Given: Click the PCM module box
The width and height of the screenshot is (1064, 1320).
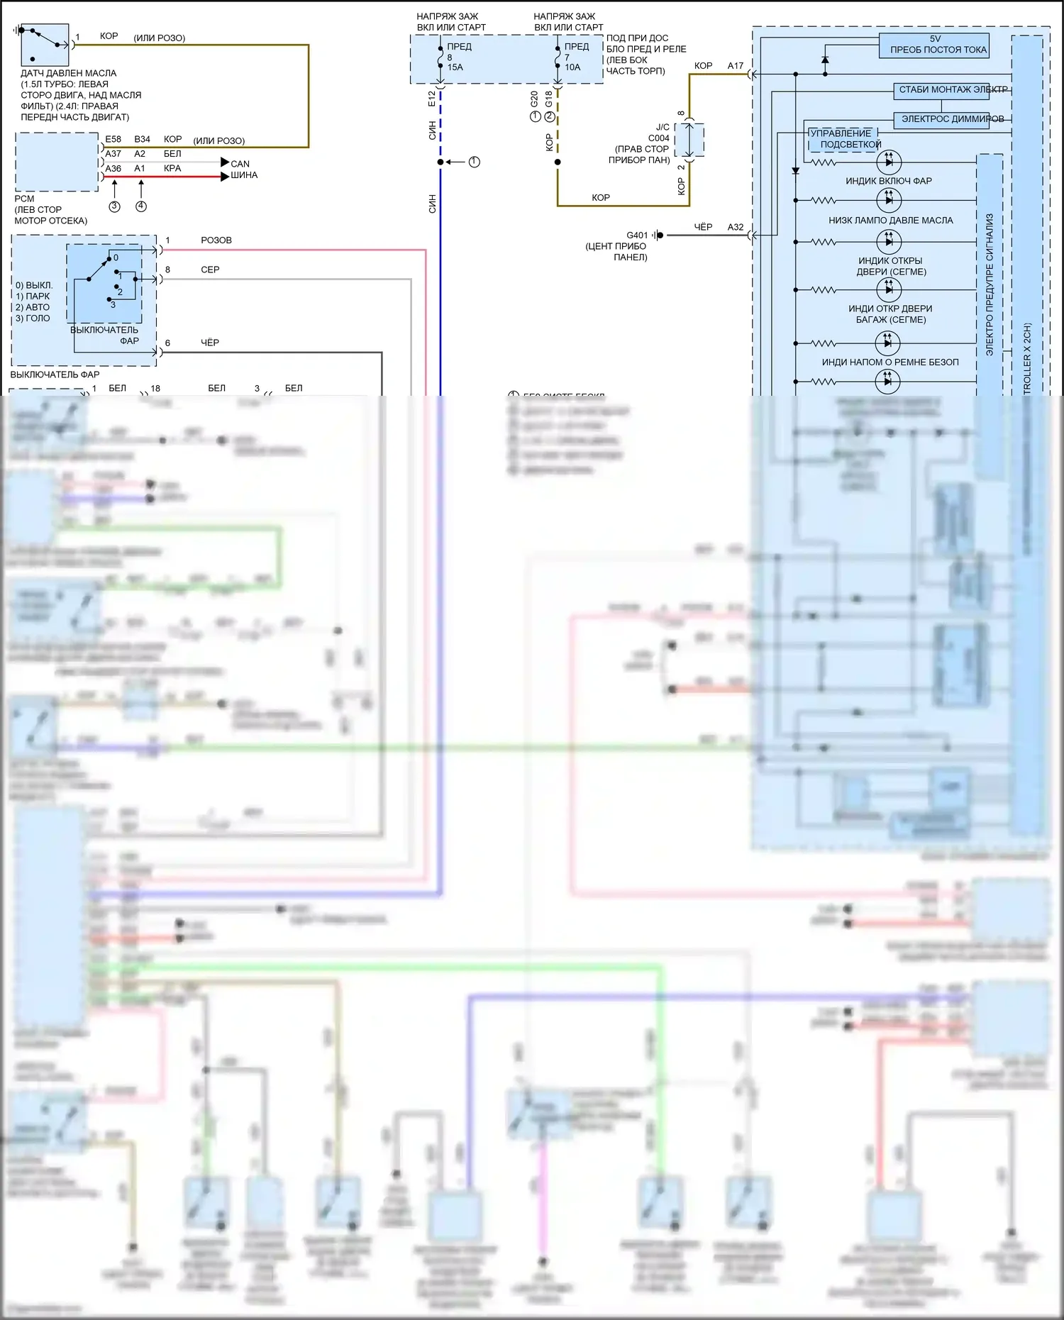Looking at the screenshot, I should [x=57, y=162].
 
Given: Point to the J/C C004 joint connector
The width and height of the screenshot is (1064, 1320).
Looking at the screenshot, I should [x=689, y=140].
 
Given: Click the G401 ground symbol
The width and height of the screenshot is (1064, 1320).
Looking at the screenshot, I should [x=659, y=235].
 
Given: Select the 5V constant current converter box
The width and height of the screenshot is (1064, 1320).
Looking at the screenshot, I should [x=933, y=45].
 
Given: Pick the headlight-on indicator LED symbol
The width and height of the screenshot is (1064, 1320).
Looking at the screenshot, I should [x=888, y=162].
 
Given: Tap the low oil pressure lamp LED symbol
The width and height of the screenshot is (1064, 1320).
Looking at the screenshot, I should [x=888, y=201].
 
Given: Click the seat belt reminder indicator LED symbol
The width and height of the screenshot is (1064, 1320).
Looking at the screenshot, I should [x=888, y=343].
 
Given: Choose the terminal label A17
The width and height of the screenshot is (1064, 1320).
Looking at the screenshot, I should [x=736, y=66].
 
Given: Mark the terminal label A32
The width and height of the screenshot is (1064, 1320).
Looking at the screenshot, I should [x=736, y=227].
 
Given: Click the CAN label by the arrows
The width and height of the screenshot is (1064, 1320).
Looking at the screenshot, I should [x=240, y=164].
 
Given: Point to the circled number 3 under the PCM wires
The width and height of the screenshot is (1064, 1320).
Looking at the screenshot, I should [x=114, y=206].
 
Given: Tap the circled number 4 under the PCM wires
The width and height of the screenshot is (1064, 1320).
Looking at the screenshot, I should [x=141, y=206].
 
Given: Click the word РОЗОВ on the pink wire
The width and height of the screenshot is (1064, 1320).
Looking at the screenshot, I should [x=216, y=240].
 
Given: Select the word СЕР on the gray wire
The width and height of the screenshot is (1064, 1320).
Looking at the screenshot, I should [x=210, y=270].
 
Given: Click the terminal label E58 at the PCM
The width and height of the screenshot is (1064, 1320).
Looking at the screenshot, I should [x=113, y=140].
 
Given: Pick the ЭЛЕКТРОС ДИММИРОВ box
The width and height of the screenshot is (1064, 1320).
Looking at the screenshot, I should [x=952, y=119].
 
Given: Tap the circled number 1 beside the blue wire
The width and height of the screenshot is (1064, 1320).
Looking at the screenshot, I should [x=475, y=162].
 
